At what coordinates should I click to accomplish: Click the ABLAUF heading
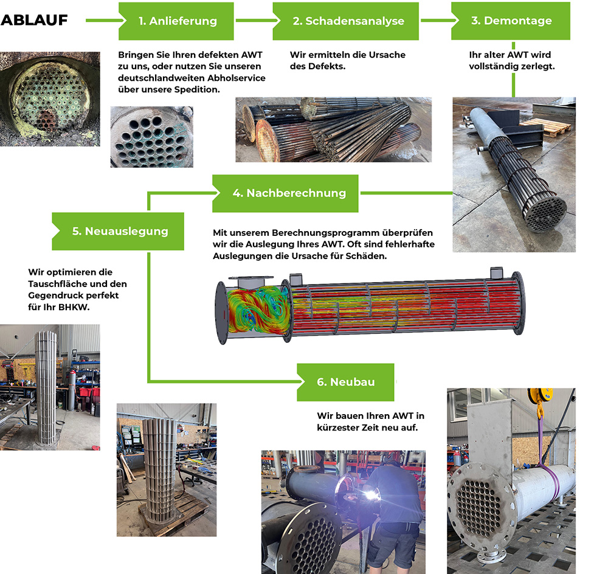pyautogui.click(x=34, y=20)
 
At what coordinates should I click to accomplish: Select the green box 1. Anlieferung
pyautogui.click(x=176, y=21)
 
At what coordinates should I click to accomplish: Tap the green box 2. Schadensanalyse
pyautogui.click(x=346, y=21)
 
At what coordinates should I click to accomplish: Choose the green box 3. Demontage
pyautogui.click(x=511, y=21)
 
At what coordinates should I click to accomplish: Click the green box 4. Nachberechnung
pyautogui.click(x=285, y=193)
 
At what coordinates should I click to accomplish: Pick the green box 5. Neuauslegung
pyautogui.click(x=118, y=231)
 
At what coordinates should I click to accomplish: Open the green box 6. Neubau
pyautogui.click(x=345, y=382)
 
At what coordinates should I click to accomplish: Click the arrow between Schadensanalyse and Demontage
pyautogui.click(x=440, y=20)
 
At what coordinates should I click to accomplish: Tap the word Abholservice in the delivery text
pyautogui.click(x=237, y=78)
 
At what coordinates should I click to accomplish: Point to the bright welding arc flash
pyautogui.click(x=371, y=496)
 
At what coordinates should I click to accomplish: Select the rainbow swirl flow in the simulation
pyautogui.click(x=258, y=310)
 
